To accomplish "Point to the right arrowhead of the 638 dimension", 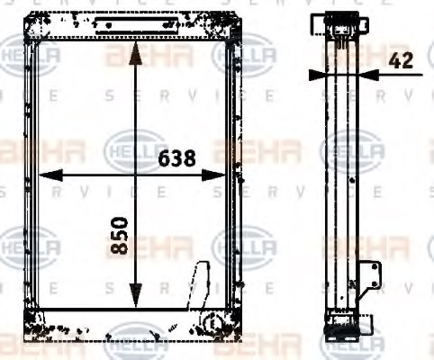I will click(x=221, y=175).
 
